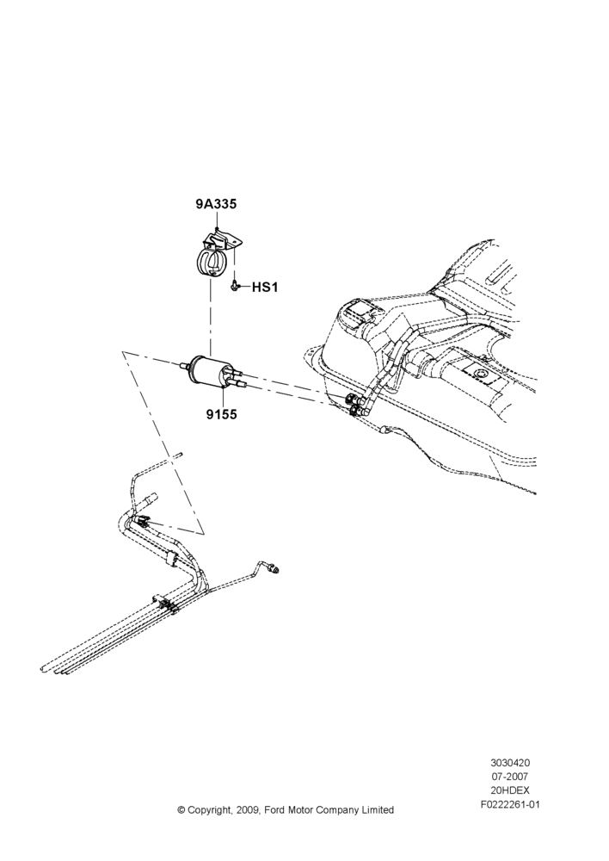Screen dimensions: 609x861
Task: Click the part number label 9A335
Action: [216, 204]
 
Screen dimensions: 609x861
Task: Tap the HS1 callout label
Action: [265, 287]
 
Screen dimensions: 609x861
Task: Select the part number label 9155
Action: [222, 414]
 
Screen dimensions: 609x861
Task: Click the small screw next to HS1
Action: [236, 286]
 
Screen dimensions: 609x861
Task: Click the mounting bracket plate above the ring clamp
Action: [224, 242]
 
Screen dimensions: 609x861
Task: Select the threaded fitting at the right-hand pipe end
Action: [274, 568]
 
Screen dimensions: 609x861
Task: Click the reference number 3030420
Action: [510, 763]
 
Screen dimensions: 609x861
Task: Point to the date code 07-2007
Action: [510, 777]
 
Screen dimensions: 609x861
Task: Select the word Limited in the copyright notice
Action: [378, 810]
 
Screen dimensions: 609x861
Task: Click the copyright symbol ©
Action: [181, 810]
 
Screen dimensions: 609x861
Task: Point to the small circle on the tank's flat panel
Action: [481, 374]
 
